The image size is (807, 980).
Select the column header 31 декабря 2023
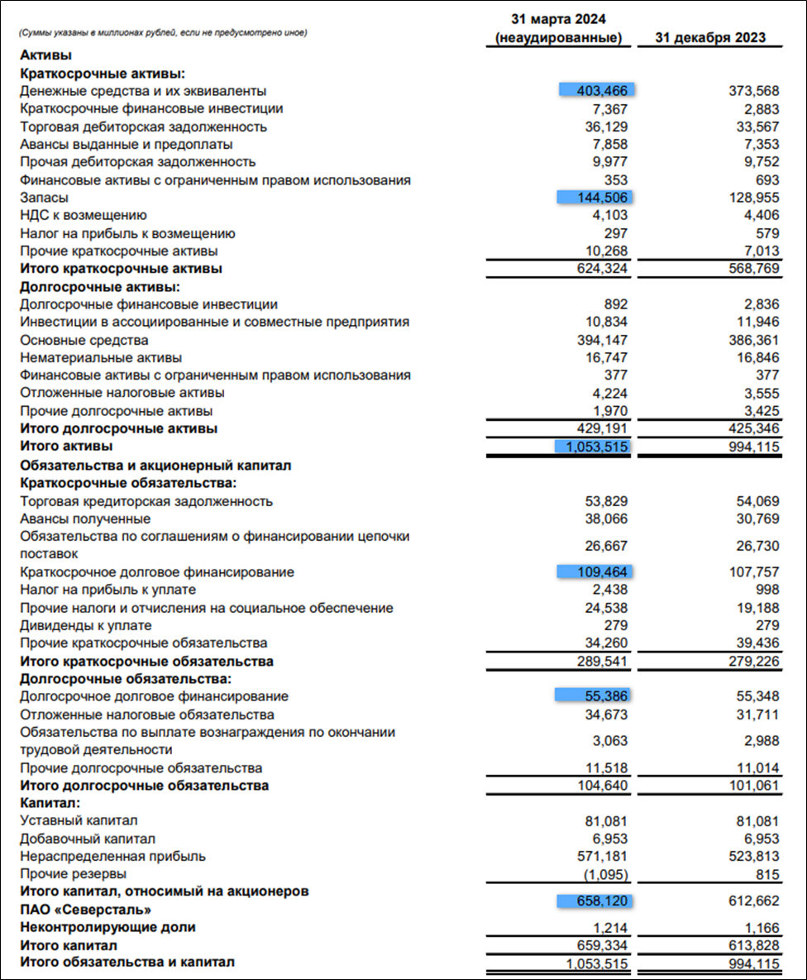[x=710, y=38]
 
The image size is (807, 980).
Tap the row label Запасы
[x=44, y=198]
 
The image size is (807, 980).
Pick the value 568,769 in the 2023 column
[x=750, y=269]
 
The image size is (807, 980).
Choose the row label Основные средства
[x=84, y=340]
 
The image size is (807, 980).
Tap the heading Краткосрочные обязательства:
[x=128, y=483]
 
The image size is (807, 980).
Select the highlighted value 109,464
[x=598, y=571]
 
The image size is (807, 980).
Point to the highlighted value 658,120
[x=598, y=901]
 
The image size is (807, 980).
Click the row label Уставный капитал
[x=79, y=820]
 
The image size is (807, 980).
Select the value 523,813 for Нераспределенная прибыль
[x=750, y=856]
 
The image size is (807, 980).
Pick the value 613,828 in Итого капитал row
[x=750, y=945]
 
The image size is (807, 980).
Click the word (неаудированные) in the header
[x=558, y=38]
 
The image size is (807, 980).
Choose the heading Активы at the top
[x=45, y=55]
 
